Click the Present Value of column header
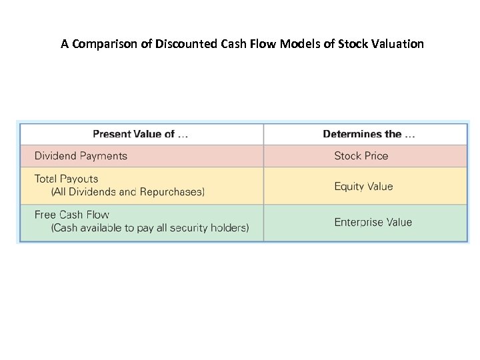(140, 134)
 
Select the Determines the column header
(369, 134)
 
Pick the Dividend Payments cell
(81, 156)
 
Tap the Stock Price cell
(361, 156)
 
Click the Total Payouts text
(66, 179)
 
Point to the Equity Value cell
(363, 187)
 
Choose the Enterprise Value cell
(373, 222)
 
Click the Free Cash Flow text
(71, 215)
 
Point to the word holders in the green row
(229, 228)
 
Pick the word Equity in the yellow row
(349, 187)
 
